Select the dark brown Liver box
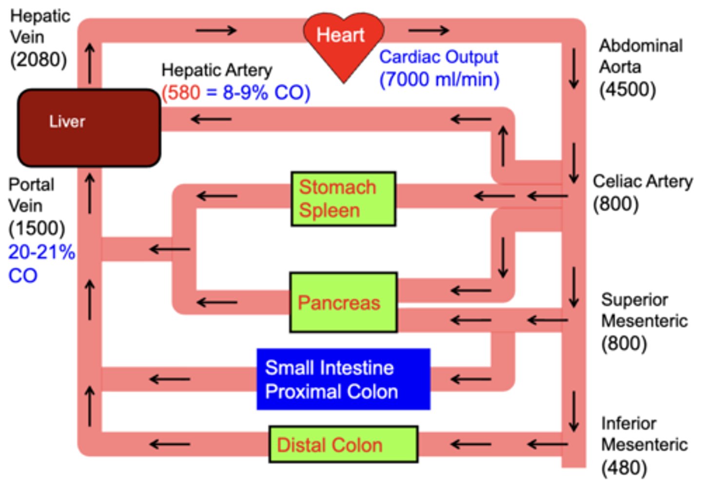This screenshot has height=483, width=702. point(89,128)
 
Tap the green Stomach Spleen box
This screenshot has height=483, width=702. point(343,199)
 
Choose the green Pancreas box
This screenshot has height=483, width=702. point(343,302)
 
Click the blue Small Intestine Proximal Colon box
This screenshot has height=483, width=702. point(343,379)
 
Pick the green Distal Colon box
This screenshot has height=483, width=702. point(343,444)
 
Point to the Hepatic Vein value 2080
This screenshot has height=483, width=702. point(39,60)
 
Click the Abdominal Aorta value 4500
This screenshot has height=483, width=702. point(627,89)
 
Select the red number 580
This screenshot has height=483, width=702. point(181,92)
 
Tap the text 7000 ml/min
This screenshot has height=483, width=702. point(439,79)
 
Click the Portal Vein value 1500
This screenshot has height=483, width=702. point(37,227)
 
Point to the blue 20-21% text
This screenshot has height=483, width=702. point(41,252)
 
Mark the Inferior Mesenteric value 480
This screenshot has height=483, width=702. point(624,468)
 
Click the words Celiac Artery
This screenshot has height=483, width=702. point(643,181)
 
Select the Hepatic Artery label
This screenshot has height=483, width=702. point(216,70)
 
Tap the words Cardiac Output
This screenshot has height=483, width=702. point(439,57)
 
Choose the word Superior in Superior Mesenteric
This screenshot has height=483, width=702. point(634,300)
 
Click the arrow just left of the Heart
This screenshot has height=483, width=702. point(215,31)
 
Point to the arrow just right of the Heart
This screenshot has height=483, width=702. point(428,31)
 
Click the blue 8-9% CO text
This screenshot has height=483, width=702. point(266,92)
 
